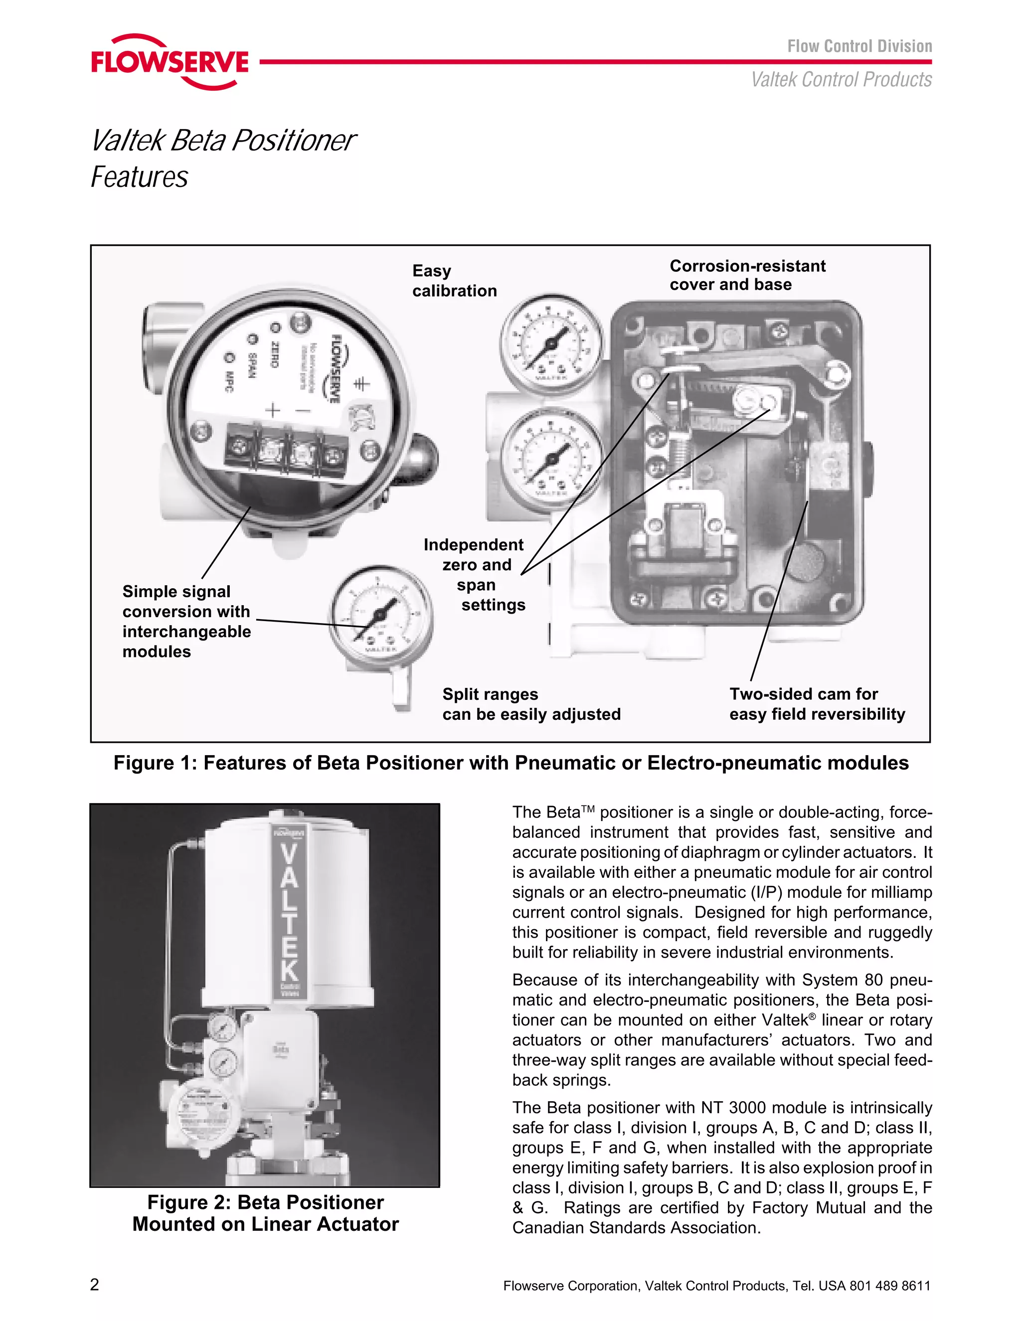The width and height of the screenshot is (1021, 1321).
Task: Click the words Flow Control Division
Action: point(859,46)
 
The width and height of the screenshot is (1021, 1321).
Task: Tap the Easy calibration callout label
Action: point(454,281)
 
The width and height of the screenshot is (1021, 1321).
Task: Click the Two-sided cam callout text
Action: point(817,703)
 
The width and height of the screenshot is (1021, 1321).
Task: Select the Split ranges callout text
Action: point(531,704)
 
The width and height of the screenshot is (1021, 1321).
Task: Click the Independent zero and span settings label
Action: point(475,575)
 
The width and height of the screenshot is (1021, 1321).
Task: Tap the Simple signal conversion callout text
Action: point(186,621)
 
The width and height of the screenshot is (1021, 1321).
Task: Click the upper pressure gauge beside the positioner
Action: point(551,343)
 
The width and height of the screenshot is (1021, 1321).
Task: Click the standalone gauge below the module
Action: point(380,615)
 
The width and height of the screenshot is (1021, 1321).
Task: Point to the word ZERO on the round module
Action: point(273,355)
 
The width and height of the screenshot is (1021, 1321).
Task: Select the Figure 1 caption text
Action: point(510,763)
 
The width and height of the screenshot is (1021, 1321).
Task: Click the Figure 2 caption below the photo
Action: point(266,1213)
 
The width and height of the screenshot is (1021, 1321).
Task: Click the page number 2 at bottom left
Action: point(94,1285)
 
